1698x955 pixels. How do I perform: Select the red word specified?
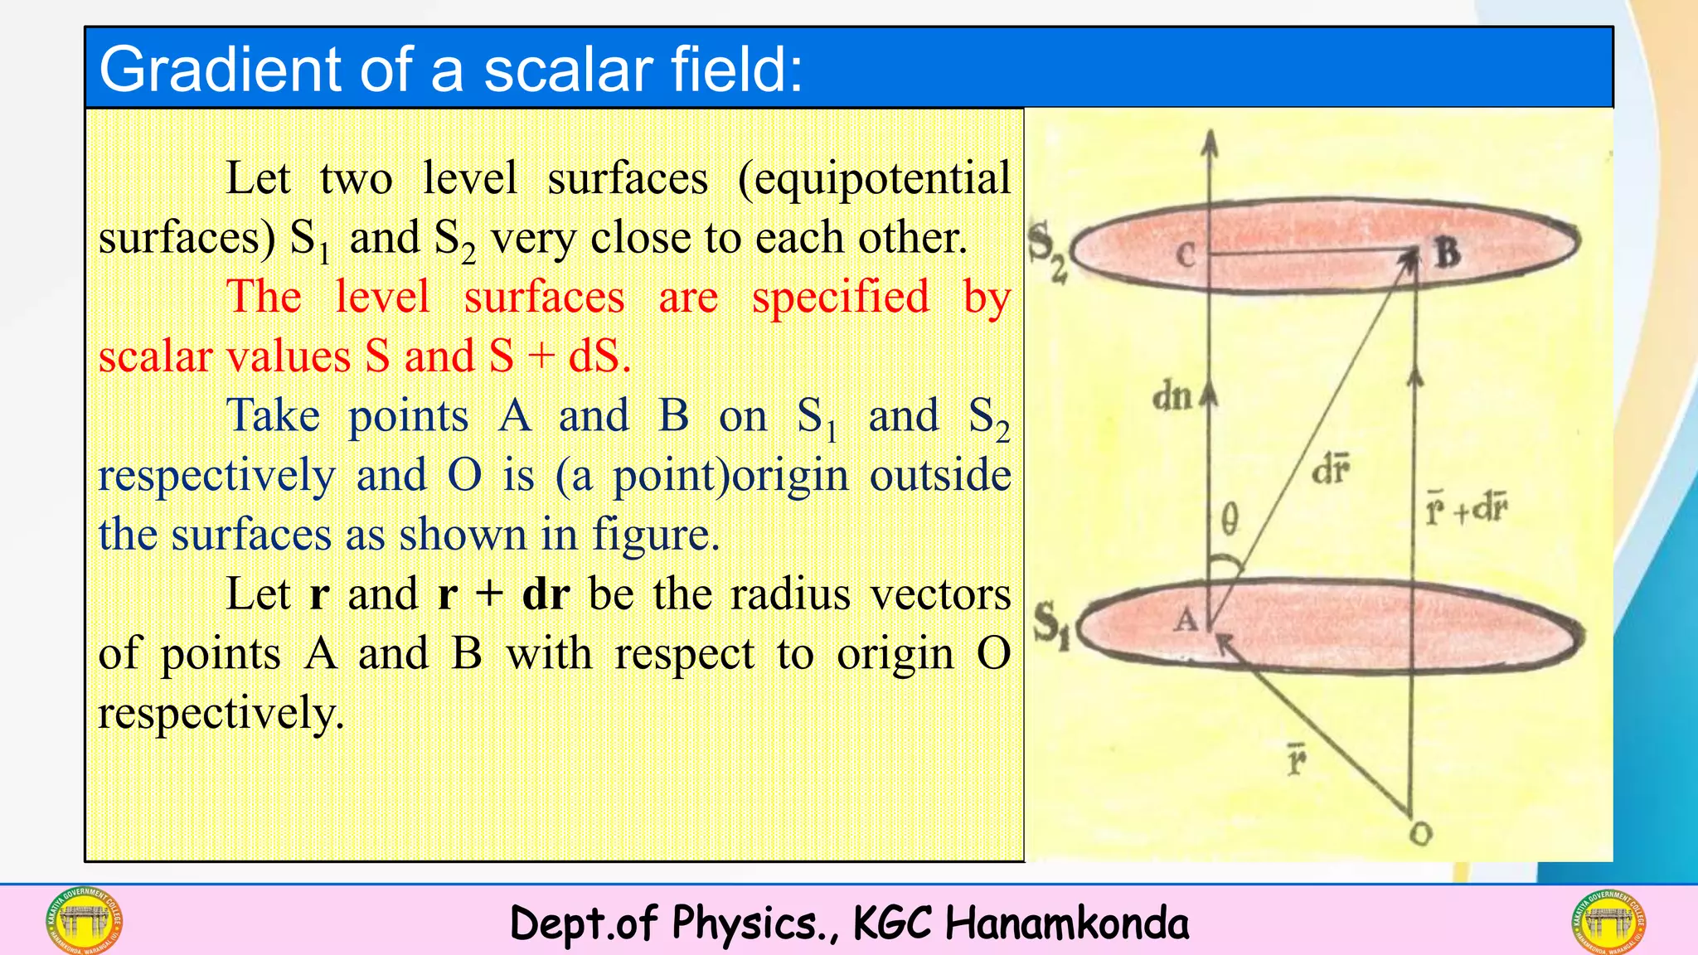[841, 298]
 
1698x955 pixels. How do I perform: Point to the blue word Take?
[273, 416]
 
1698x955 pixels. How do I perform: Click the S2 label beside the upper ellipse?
[1047, 250]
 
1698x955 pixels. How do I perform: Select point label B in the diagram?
[1446, 252]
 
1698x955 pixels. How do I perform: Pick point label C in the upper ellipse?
[1186, 255]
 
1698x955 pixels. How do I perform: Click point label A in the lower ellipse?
[1186, 619]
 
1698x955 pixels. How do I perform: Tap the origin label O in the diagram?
[1420, 834]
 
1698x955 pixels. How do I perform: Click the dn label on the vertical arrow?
[1172, 397]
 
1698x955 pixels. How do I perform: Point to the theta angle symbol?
[1230, 521]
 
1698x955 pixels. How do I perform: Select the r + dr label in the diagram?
[1466, 508]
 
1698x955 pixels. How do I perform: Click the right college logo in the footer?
[1608, 921]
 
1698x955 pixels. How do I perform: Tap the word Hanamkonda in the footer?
[1066, 923]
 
